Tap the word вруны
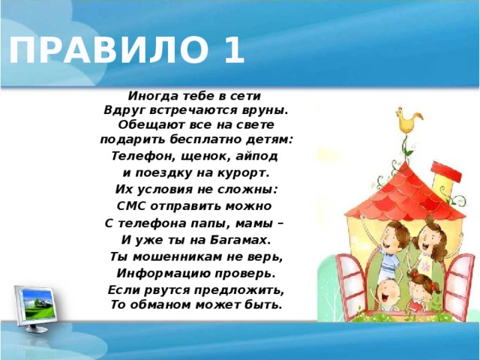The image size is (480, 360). (x=268, y=110)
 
